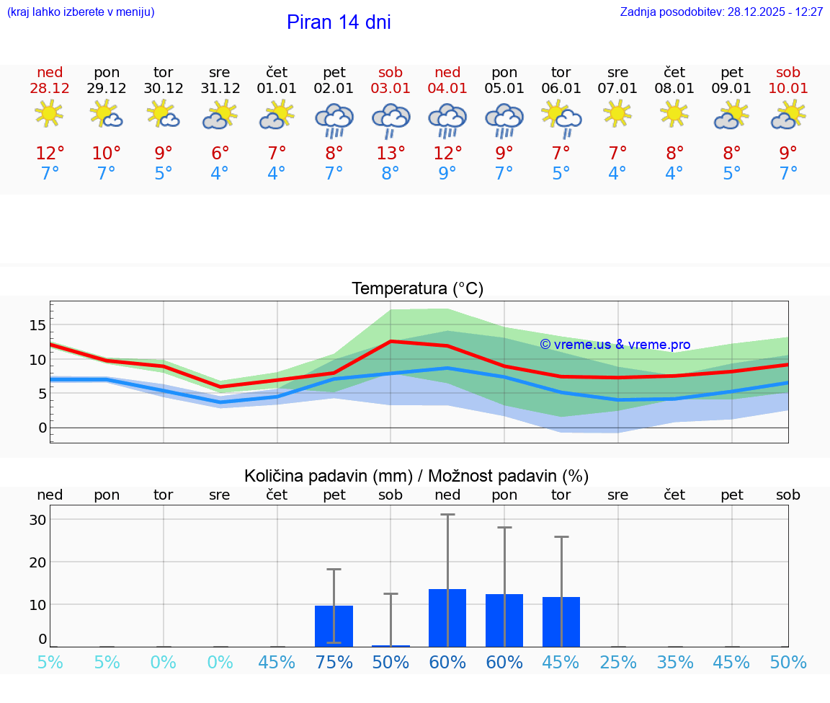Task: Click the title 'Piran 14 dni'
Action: (339, 22)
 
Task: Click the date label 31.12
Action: (220, 89)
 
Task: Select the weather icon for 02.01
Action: (334, 120)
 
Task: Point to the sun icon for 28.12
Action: (49, 114)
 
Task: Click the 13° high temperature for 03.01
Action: (391, 154)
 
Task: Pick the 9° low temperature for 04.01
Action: (447, 173)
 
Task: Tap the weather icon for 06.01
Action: (561, 118)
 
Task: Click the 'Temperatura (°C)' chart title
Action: (417, 289)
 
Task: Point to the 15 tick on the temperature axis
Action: (37, 325)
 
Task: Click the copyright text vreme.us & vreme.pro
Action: (615, 345)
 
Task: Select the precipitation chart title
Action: (416, 476)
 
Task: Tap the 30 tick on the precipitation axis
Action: (37, 520)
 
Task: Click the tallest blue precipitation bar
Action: (447, 617)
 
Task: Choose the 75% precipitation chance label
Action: (334, 663)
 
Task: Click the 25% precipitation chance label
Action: (618, 663)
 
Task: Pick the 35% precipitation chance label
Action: (675, 663)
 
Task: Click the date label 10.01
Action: (788, 89)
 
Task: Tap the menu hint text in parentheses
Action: (81, 12)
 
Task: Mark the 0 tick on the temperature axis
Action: (43, 428)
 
